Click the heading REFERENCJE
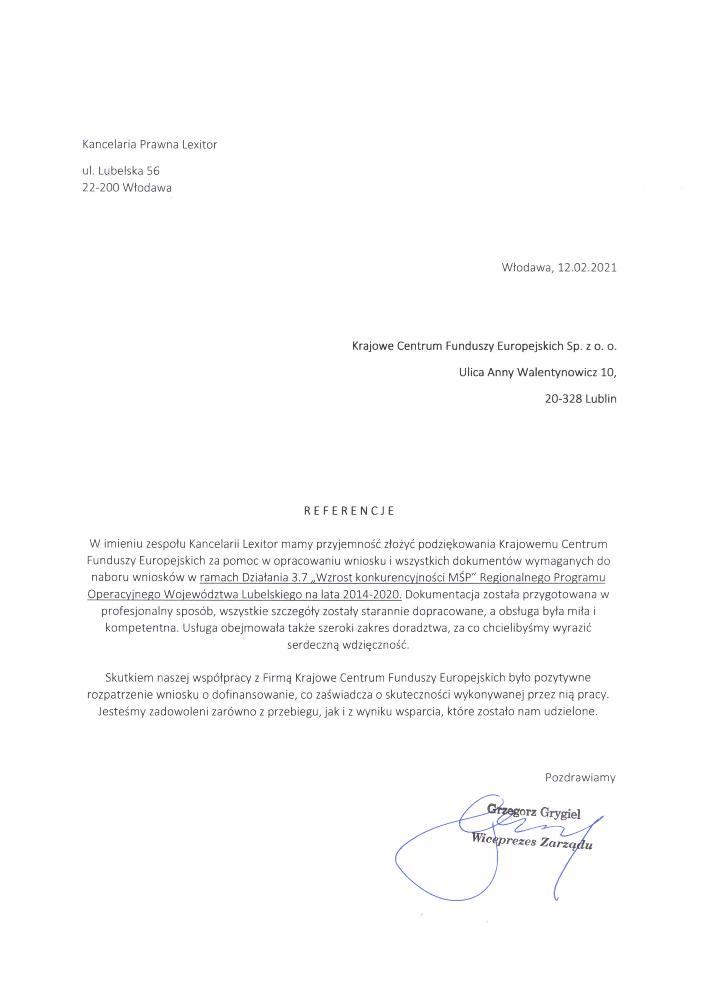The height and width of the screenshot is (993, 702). (349, 511)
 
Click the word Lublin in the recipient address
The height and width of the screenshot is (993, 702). (601, 399)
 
